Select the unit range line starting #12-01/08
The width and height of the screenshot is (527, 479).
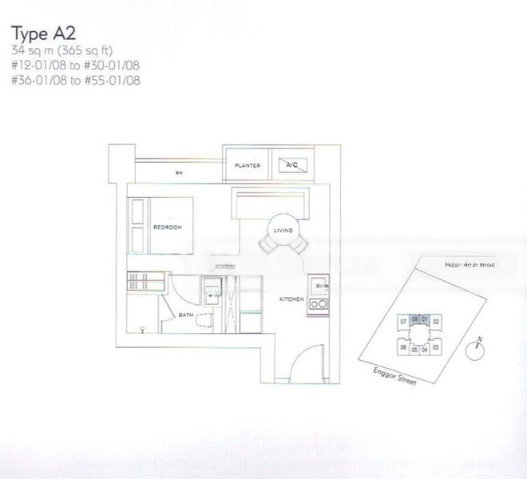[71, 65]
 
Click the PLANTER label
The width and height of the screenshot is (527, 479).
[248, 166]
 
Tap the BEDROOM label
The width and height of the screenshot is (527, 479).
[167, 228]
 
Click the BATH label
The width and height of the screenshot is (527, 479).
[186, 315]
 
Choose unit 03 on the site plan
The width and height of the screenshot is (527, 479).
[436, 348]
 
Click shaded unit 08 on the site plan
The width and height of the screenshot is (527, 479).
[415, 317]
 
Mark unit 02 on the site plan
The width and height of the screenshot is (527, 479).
[436, 321]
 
